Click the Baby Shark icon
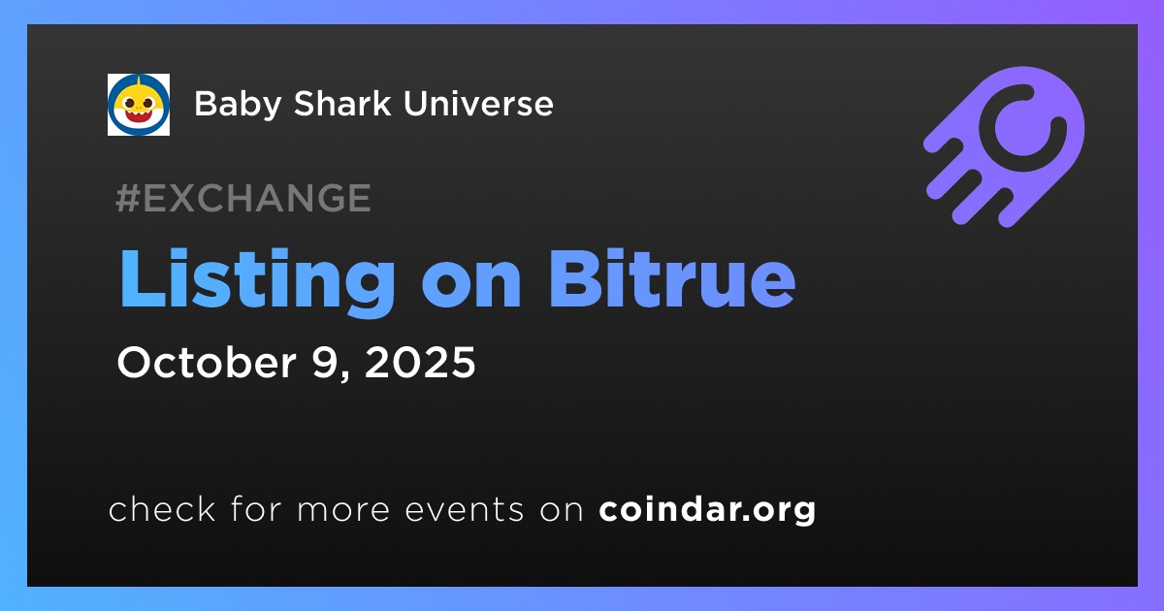139,105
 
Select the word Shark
341,103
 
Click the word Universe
478,103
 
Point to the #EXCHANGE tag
243,198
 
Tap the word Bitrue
671,278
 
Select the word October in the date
207,362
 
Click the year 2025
420,362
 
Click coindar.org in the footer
707,510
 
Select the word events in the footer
464,510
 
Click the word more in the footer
343,511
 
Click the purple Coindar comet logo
1004,147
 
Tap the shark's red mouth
139,114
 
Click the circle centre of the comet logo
1022,128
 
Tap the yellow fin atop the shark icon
139,81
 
